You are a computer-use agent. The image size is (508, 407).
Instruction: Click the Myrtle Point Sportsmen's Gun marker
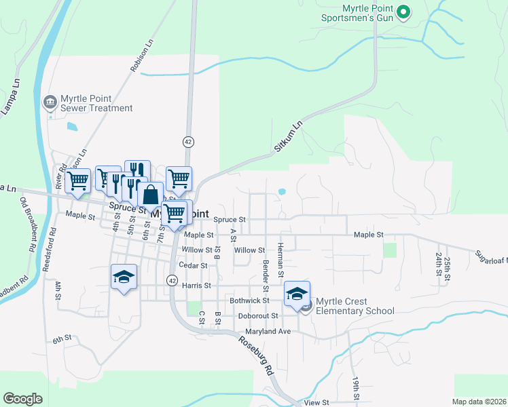(403, 12)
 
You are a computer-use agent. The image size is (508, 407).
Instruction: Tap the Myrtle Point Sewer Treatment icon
(50, 102)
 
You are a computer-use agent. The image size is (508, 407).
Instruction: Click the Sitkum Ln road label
(286, 136)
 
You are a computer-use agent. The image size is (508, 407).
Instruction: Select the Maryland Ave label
(268, 331)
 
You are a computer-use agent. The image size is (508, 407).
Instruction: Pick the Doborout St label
(258, 315)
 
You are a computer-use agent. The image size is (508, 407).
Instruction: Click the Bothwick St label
(249, 300)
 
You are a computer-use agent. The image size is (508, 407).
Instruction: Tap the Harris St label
(196, 286)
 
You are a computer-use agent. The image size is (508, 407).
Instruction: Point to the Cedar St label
(193, 265)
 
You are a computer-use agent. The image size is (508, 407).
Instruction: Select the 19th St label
(355, 387)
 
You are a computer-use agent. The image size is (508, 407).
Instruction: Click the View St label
(316, 402)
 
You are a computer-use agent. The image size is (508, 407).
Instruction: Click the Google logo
(23, 399)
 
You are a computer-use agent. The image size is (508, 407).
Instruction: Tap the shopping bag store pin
(151, 195)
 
